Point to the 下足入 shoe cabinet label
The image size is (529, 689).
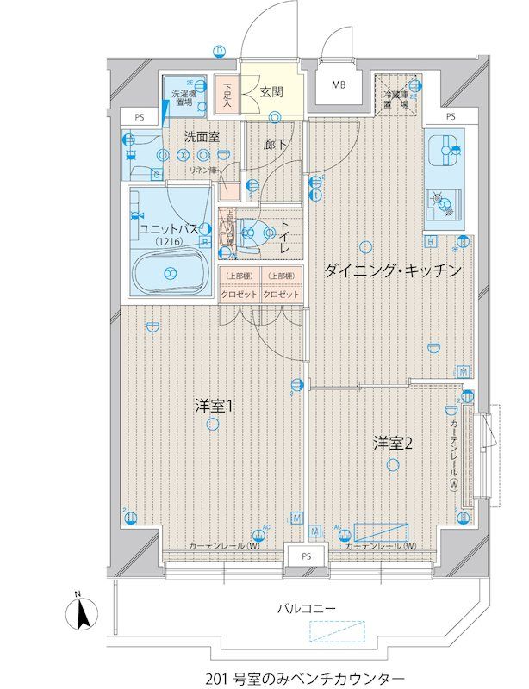pyautogui.click(x=227, y=94)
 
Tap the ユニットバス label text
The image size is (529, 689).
pyautogui.click(x=169, y=229)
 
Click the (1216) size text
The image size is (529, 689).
pyautogui.click(x=169, y=243)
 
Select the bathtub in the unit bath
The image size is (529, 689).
pyautogui.click(x=170, y=274)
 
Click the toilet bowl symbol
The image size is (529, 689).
pyautogui.click(x=248, y=231)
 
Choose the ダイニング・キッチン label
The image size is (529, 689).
pyautogui.click(x=393, y=270)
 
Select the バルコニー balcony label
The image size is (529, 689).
pyautogui.click(x=306, y=608)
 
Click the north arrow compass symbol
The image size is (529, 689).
pyautogui.click(x=78, y=613)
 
